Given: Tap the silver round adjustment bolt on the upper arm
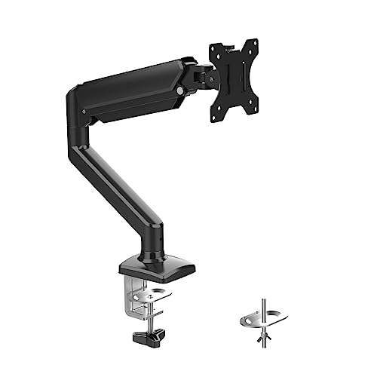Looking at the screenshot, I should [x=180, y=93].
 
